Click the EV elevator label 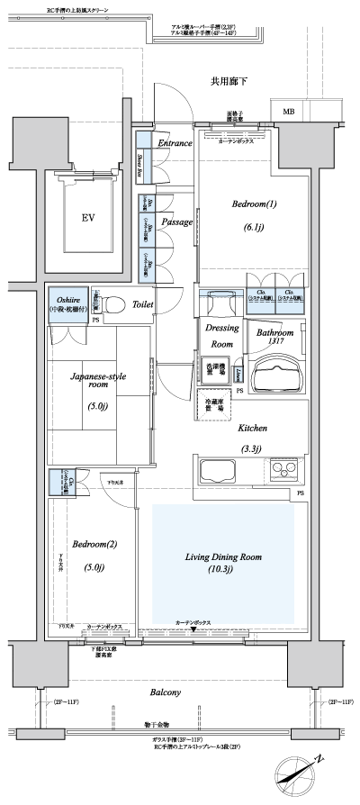click(88, 219)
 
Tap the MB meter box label click(289, 112)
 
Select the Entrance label click(175, 143)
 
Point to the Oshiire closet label click(67, 299)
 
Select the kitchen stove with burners click(282, 469)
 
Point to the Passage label click(177, 222)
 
